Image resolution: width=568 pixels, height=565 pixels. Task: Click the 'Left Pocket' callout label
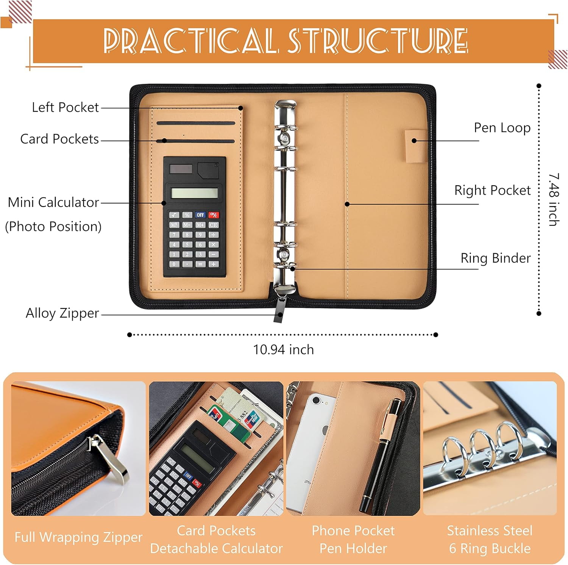click(x=65, y=108)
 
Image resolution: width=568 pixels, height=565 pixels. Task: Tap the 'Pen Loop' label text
click(x=502, y=128)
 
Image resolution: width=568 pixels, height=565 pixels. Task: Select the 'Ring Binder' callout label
click(x=495, y=258)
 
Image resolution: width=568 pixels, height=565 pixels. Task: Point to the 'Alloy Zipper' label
click(x=62, y=313)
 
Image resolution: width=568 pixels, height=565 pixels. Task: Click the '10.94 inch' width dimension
click(x=283, y=349)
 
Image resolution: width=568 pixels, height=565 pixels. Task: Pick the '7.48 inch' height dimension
click(x=554, y=199)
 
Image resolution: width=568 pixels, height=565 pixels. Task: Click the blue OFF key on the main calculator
click(x=200, y=215)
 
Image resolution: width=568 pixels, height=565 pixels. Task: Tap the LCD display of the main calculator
click(x=194, y=193)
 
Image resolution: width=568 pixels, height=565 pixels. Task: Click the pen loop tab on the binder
click(x=416, y=146)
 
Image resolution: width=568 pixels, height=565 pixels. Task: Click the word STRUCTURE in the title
click(x=378, y=41)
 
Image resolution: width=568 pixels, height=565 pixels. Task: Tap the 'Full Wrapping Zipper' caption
click(x=78, y=537)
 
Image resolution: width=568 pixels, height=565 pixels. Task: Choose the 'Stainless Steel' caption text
click(x=490, y=531)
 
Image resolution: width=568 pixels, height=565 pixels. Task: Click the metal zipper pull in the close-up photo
click(x=110, y=459)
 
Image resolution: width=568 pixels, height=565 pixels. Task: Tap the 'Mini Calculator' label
click(x=53, y=202)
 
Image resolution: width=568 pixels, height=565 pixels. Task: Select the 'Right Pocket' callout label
click(x=492, y=190)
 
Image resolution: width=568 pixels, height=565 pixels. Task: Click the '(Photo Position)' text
click(x=53, y=227)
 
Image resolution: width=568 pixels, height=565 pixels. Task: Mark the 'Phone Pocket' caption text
click(x=353, y=531)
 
